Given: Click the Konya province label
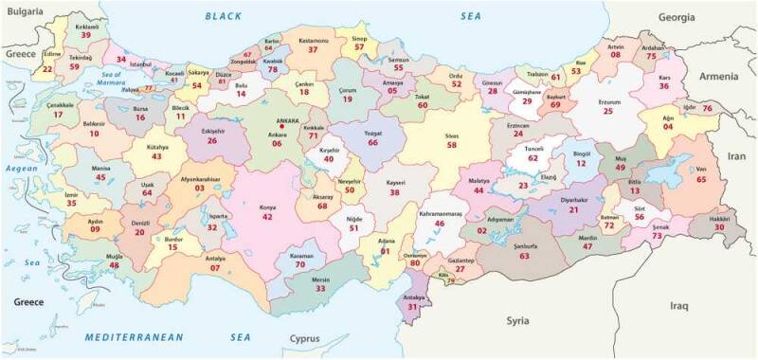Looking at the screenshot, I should (x=267, y=206).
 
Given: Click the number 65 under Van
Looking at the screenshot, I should (x=701, y=178).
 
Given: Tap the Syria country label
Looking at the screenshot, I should (x=516, y=320).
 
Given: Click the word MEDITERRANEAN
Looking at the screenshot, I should (x=140, y=337).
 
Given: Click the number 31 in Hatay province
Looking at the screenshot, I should (x=412, y=307).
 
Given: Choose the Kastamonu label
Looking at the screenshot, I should (x=313, y=41).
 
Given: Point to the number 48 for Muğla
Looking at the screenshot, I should (x=114, y=265).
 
